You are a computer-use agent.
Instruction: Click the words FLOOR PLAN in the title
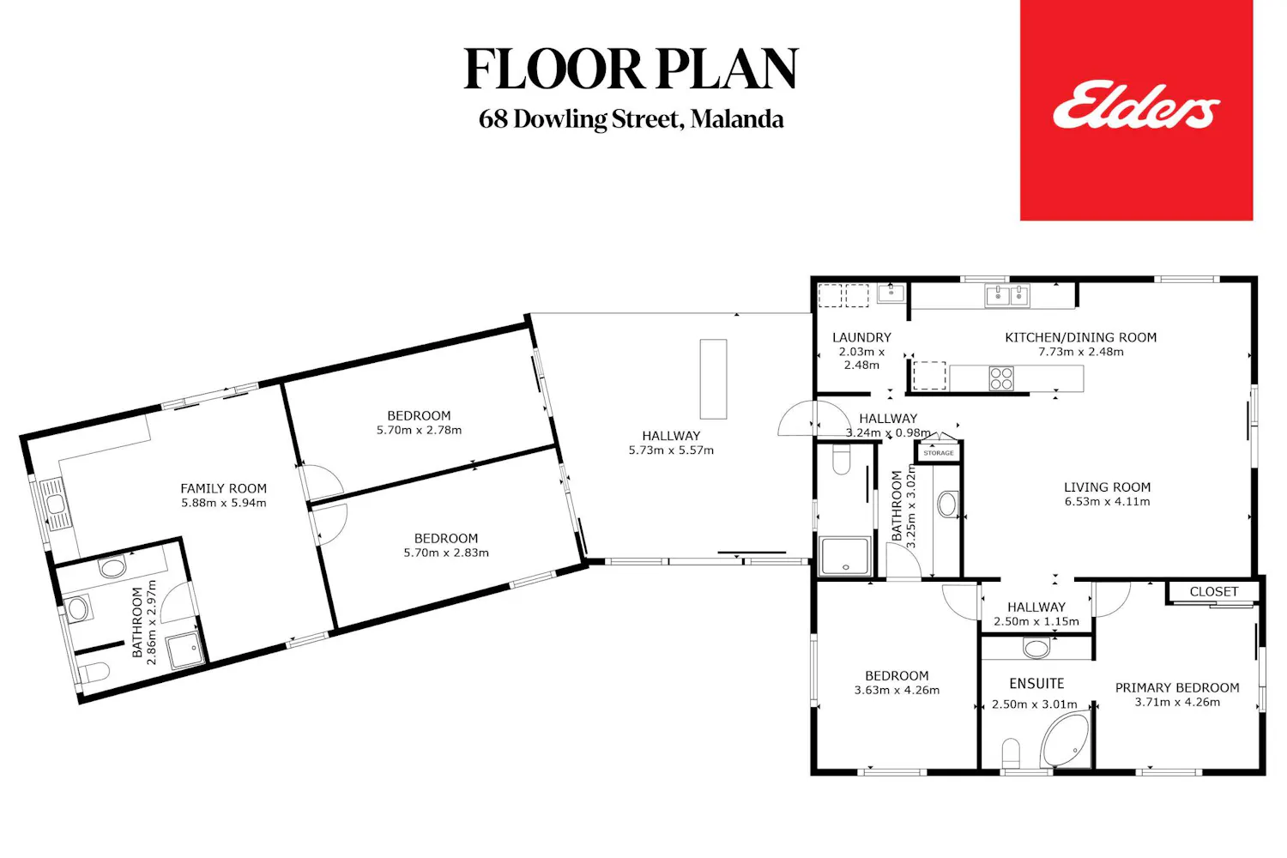coord(631,69)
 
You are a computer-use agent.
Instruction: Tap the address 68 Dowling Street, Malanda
coord(631,119)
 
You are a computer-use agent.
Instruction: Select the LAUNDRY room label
coord(861,337)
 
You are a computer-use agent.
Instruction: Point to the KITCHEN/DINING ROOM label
coord(1080,337)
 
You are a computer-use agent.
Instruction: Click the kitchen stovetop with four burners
coord(1001,378)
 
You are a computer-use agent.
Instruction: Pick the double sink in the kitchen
coord(1007,296)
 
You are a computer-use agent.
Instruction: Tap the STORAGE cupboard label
coord(939,453)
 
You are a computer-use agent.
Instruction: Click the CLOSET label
coord(1213,591)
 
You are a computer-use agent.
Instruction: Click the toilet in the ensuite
coord(1011,753)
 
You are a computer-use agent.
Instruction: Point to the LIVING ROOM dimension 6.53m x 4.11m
coord(1107,502)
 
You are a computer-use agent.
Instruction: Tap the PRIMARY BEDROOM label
coord(1176,687)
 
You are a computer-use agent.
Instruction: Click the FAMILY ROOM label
coord(223,488)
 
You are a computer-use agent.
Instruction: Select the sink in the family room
coord(55,504)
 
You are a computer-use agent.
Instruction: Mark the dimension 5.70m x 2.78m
coord(419,430)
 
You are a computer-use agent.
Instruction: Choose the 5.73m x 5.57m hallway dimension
coord(670,450)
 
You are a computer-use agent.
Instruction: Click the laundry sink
coord(891,293)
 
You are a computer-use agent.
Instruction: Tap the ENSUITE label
coord(1036,683)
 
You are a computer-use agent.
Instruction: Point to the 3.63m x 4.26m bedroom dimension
coord(897,690)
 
